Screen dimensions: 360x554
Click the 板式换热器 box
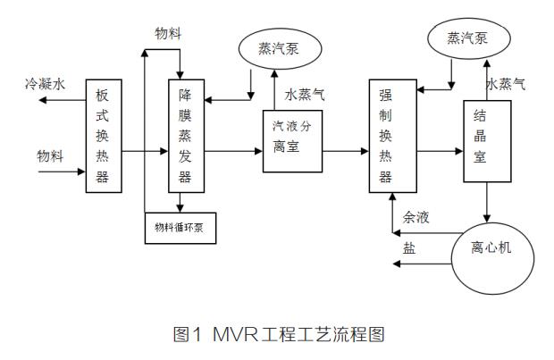pos(103,135)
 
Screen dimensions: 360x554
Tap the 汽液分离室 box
pos(292,139)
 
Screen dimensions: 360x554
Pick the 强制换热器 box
pos(385,135)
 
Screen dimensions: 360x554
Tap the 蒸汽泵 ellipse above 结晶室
pos(470,39)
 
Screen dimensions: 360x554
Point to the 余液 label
pos(415,216)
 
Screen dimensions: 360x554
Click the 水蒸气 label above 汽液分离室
pos(306,95)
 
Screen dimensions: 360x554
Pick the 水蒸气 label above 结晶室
pos(505,84)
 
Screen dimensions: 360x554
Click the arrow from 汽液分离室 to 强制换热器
pos(345,151)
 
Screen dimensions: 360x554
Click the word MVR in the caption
pos(235,335)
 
